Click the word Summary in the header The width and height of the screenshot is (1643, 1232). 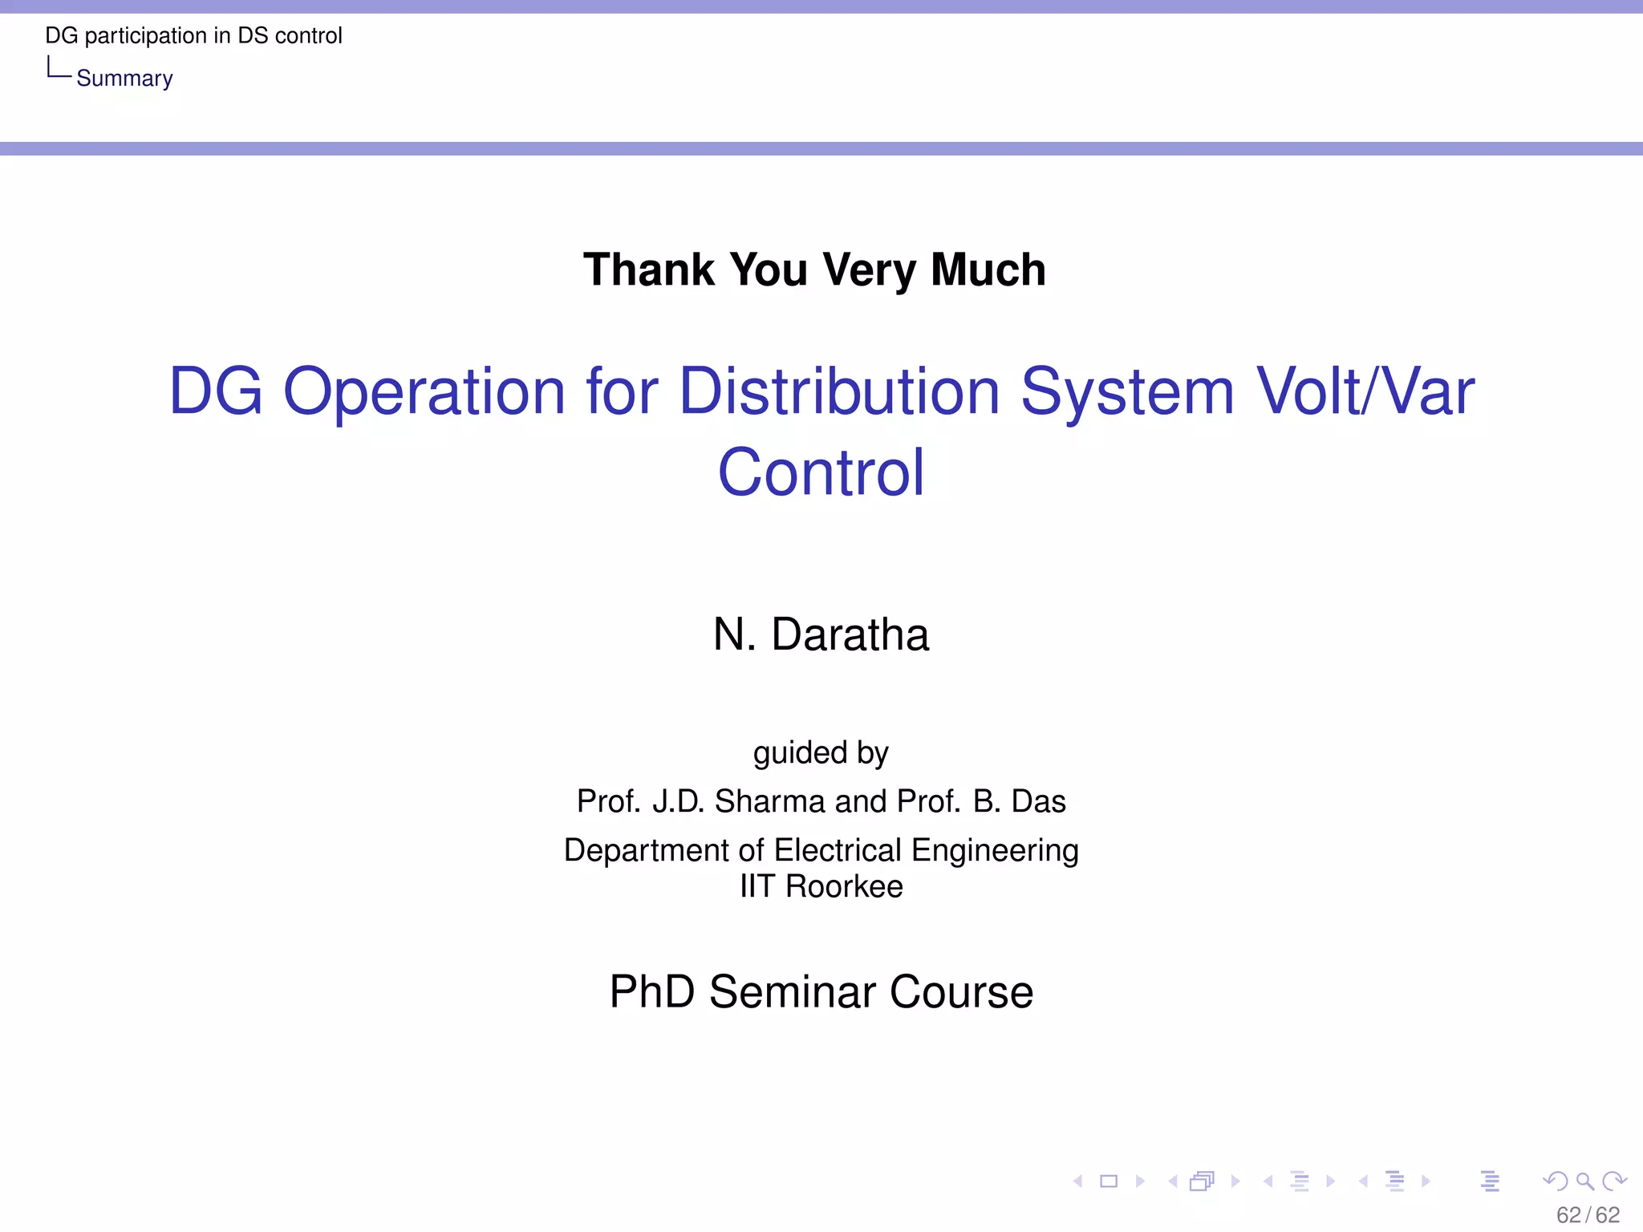point(124,79)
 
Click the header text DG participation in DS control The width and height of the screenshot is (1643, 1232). point(193,35)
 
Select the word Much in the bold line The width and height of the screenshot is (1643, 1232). point(988,269)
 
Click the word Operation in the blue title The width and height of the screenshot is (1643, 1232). point(424,392)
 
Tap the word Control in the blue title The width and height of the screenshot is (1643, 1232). point(821,473)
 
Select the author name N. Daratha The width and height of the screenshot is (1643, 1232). point(821,634)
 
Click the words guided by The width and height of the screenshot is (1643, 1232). point(821,752)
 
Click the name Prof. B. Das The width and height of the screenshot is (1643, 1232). point(981,801)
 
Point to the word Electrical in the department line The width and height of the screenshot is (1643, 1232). point(838,850)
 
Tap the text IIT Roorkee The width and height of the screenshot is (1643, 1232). point(821,886)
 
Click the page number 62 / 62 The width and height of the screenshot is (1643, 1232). point(1588,1215)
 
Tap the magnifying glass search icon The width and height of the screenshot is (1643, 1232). point(1584,1181)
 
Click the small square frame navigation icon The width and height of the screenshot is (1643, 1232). point(1109,1181)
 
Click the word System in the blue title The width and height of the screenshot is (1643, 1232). point(1126,392)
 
